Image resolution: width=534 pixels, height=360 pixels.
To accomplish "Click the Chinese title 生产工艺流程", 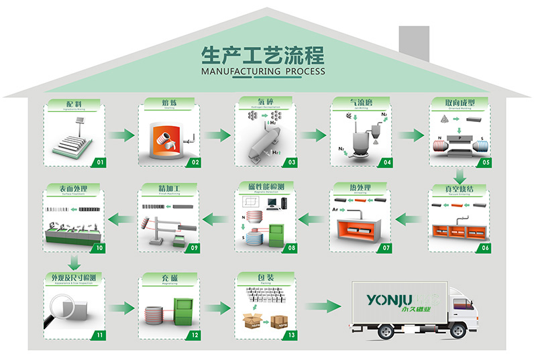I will [262, 54].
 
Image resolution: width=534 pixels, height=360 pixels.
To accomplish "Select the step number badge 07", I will [386, 248].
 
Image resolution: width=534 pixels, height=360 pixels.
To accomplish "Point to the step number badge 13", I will [290, 334].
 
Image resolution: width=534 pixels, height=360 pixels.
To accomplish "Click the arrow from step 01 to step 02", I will [121, 135].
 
